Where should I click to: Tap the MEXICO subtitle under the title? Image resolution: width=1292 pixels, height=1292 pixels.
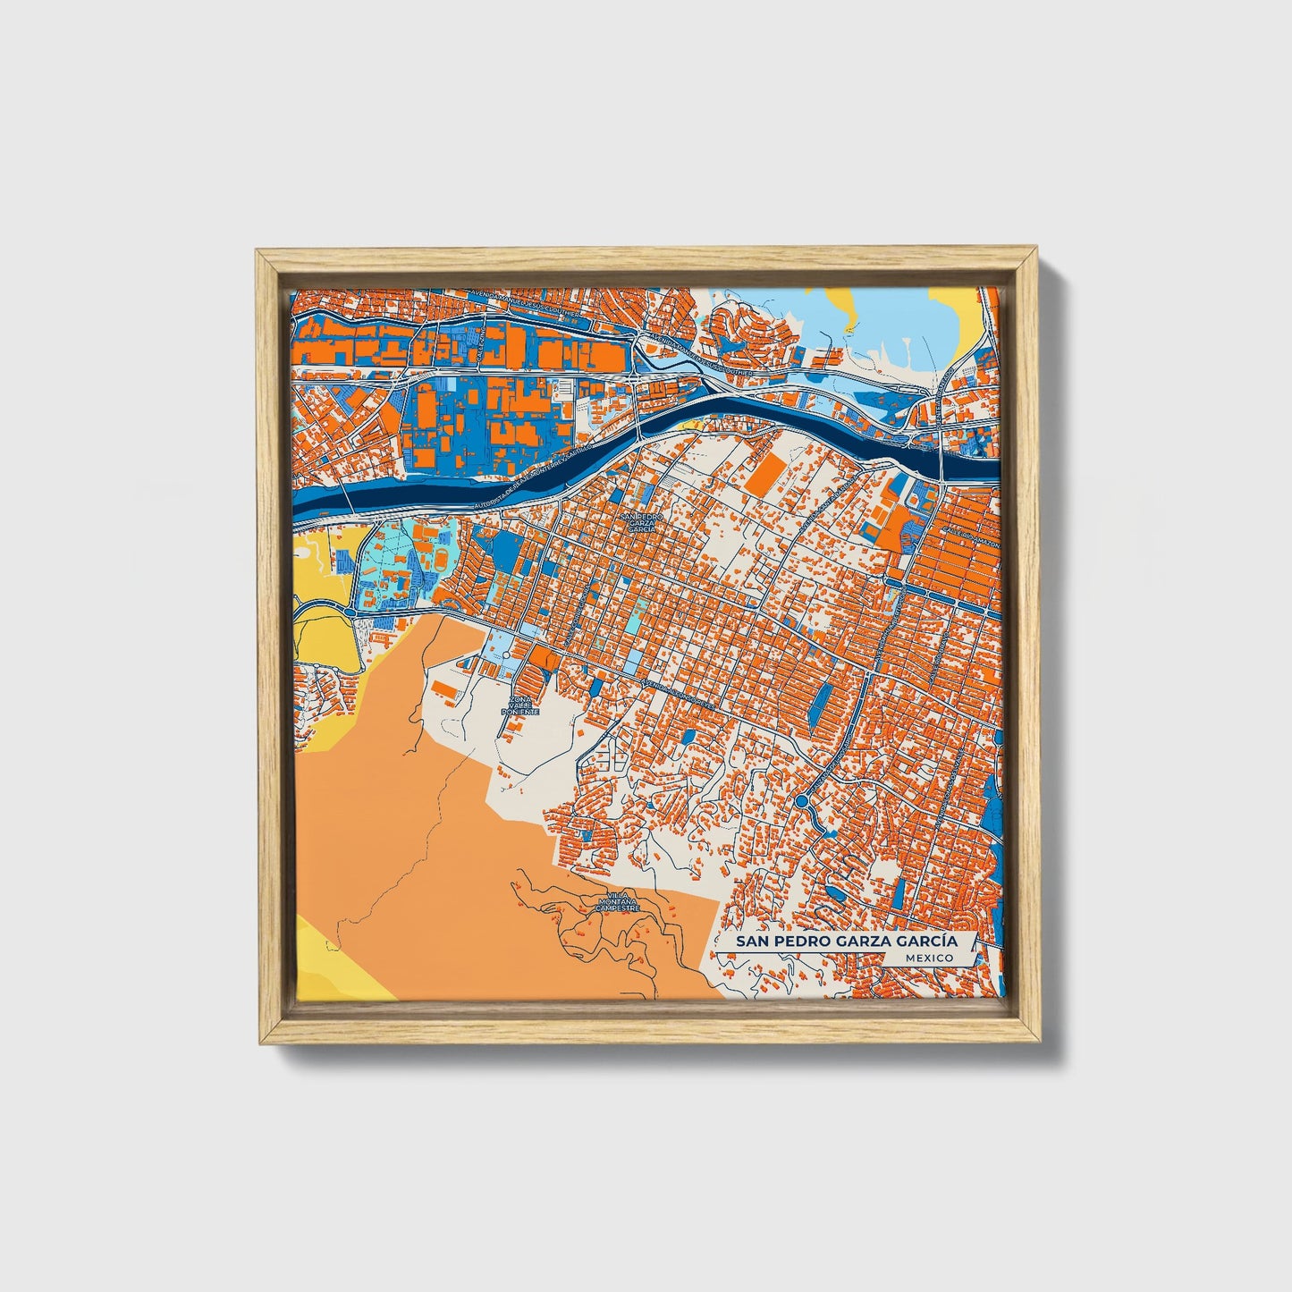point(928,958)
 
